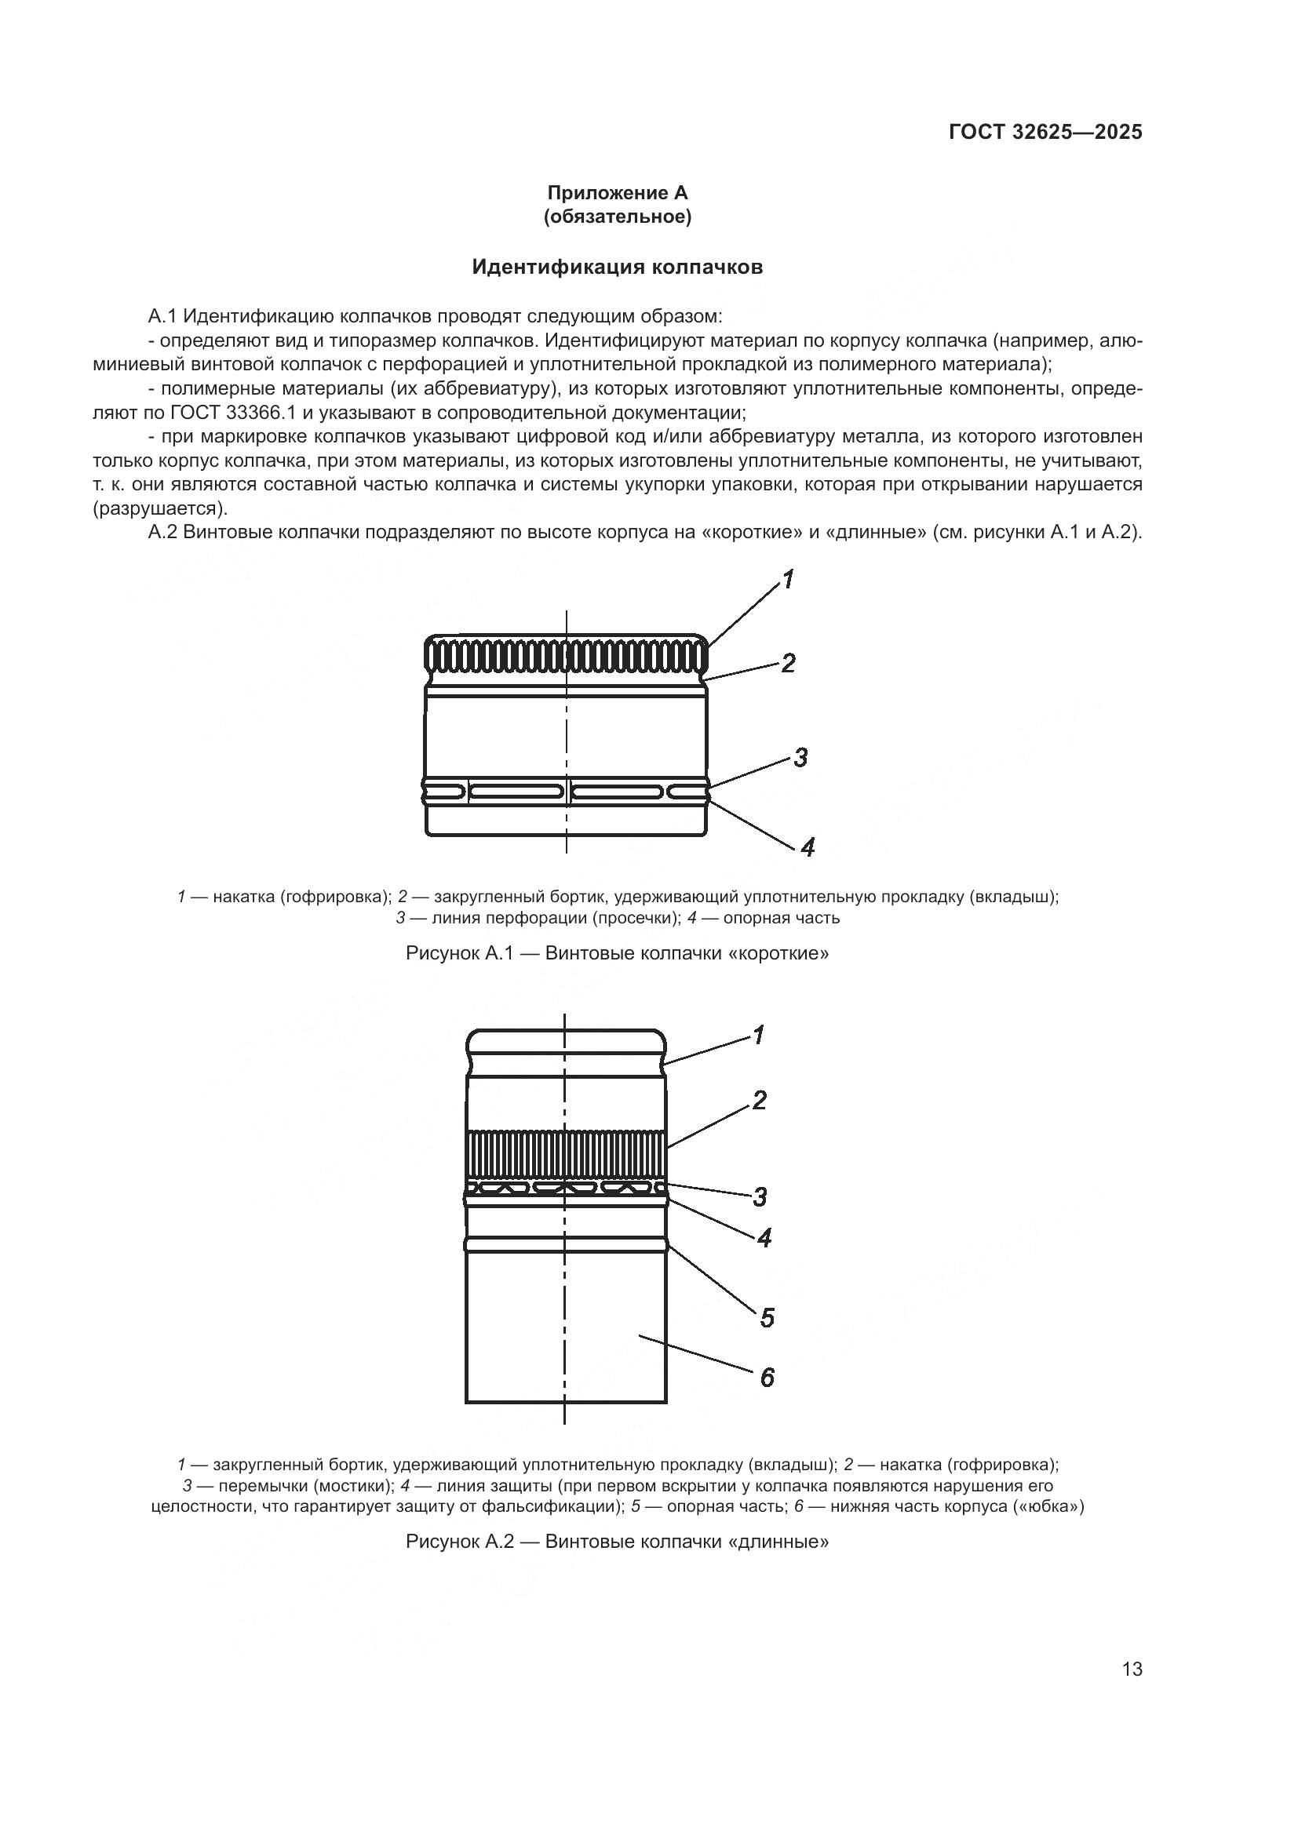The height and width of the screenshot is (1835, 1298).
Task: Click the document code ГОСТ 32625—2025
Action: [1045, 132]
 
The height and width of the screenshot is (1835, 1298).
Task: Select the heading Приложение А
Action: [617, 193]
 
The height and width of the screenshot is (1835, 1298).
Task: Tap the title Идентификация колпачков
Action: [617, 267]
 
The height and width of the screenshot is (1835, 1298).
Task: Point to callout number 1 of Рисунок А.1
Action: [788, 580]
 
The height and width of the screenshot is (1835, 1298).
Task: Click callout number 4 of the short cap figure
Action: [808, 847]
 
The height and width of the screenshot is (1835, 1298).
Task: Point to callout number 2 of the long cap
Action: [760, 1101]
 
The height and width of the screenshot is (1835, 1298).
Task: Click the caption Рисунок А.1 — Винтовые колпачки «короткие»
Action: [617, 953]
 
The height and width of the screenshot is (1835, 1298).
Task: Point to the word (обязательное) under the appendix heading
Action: [617, 217]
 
